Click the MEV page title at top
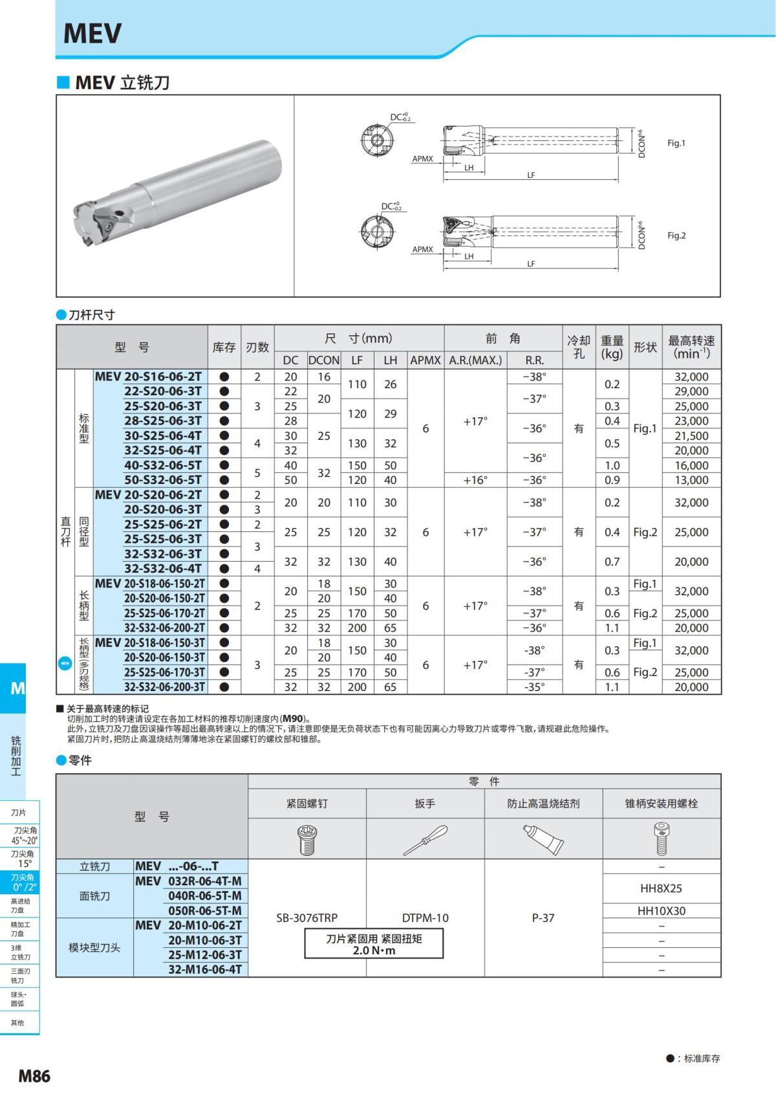[92, 34]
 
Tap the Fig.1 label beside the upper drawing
[676, 143]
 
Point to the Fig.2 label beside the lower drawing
[676, 236]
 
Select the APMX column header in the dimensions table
[426, 360]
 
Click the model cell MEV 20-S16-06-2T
[149, 377]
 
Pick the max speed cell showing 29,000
[691, 391]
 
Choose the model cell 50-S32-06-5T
[163, 480]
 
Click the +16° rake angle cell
[475, 480]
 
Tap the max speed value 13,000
[691, 480]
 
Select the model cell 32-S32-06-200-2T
[164, 628]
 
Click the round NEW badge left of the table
[65, 664]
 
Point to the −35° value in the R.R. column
[534, 687]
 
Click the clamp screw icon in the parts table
[307, 839]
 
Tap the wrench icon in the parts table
[425, 839]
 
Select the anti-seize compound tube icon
[543, 839]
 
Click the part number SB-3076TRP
[307, 917]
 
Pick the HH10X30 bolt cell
[661, 911]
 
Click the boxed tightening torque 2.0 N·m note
[374, 944]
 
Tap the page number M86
[34, 1075]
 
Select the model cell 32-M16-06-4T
[204, 969]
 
